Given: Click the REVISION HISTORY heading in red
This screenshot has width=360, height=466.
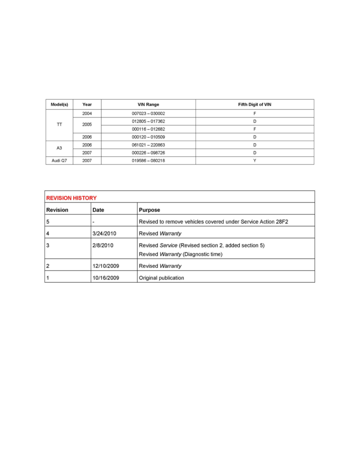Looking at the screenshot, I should coord(71,198).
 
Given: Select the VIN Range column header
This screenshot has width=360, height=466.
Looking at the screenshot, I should coord(148,105).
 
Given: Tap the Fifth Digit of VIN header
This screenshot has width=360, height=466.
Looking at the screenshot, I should coord(255,105).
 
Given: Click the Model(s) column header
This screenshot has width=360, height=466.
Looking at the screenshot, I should coord(59,105).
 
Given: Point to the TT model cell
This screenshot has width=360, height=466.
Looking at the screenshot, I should coord(59,125).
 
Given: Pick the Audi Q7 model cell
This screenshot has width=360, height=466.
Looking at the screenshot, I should coord(59,160).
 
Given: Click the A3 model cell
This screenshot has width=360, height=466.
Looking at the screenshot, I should coord(59,149).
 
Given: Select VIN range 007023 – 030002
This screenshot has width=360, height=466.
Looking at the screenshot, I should coord(148,113).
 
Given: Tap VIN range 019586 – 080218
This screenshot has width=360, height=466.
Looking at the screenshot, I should coord(148,160).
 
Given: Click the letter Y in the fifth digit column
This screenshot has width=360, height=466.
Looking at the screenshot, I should coord(255,160).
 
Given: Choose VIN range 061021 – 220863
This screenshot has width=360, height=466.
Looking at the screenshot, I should coord(148,145).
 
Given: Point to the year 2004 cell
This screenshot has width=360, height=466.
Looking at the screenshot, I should coord(87,113).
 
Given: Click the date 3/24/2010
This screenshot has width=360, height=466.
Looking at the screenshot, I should coord(105,233).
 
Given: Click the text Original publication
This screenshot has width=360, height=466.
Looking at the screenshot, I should coord(162,278).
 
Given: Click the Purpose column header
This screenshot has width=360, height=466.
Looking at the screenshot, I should coord(149,210).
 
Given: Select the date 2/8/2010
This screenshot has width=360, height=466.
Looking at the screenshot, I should coord(103,246).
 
